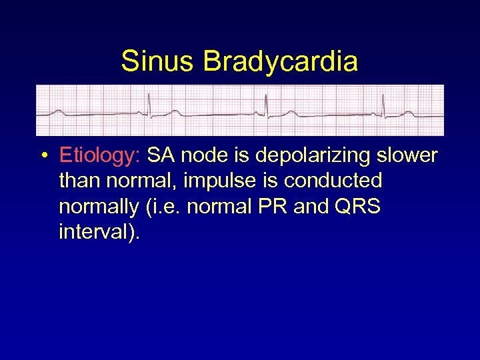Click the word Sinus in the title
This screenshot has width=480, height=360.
[158, 61]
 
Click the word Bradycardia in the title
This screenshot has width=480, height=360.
[280, 61]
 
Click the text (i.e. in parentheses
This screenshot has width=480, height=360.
[162, 207]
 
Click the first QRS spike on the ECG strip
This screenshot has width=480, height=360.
[149, 104]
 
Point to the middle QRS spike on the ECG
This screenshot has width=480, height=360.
[266, 104]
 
